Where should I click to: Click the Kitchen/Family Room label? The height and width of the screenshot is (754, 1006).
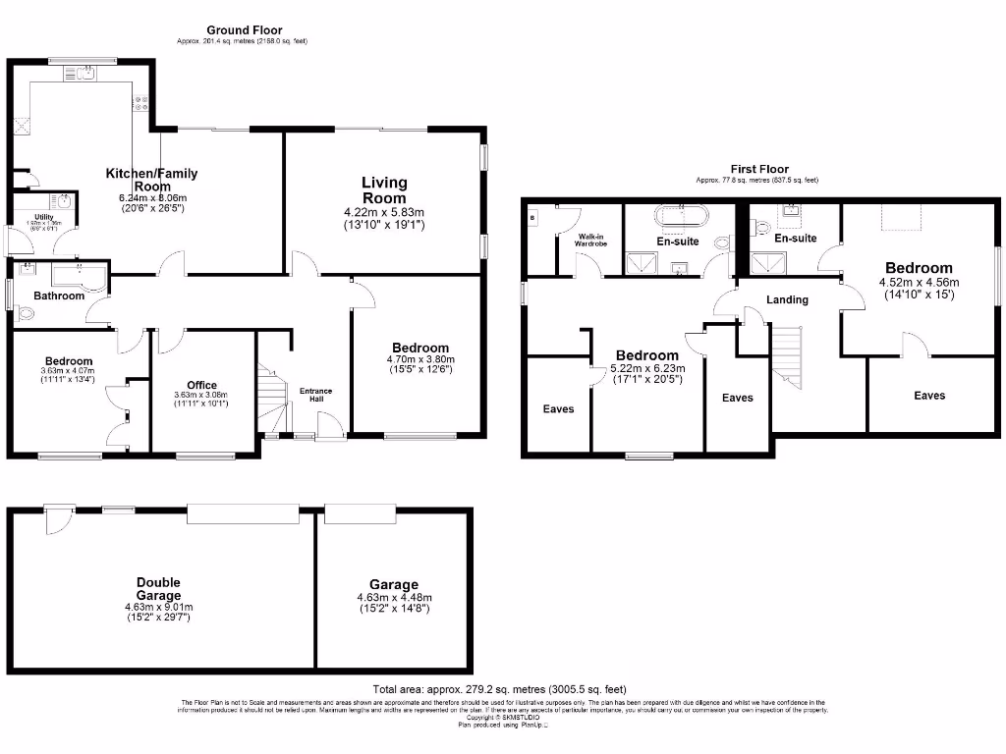(x=152, y=180)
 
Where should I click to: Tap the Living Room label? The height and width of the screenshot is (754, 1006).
(x=384, y=190)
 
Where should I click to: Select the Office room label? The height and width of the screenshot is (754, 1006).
(x=200, y=385)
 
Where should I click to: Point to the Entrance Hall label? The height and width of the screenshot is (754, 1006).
(x=315, y=395)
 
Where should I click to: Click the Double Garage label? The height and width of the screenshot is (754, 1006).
(x=158, y=589)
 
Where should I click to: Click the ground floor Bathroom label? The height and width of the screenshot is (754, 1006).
(x=59, y=296)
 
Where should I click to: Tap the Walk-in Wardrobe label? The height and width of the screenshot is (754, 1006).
(x=591, y=241)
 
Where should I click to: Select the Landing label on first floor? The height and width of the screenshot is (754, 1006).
(x=787, y=299)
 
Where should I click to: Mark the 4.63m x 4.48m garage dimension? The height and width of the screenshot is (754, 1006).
(x=394, y=597)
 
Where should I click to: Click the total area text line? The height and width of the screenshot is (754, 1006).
(x=499, y=689)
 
